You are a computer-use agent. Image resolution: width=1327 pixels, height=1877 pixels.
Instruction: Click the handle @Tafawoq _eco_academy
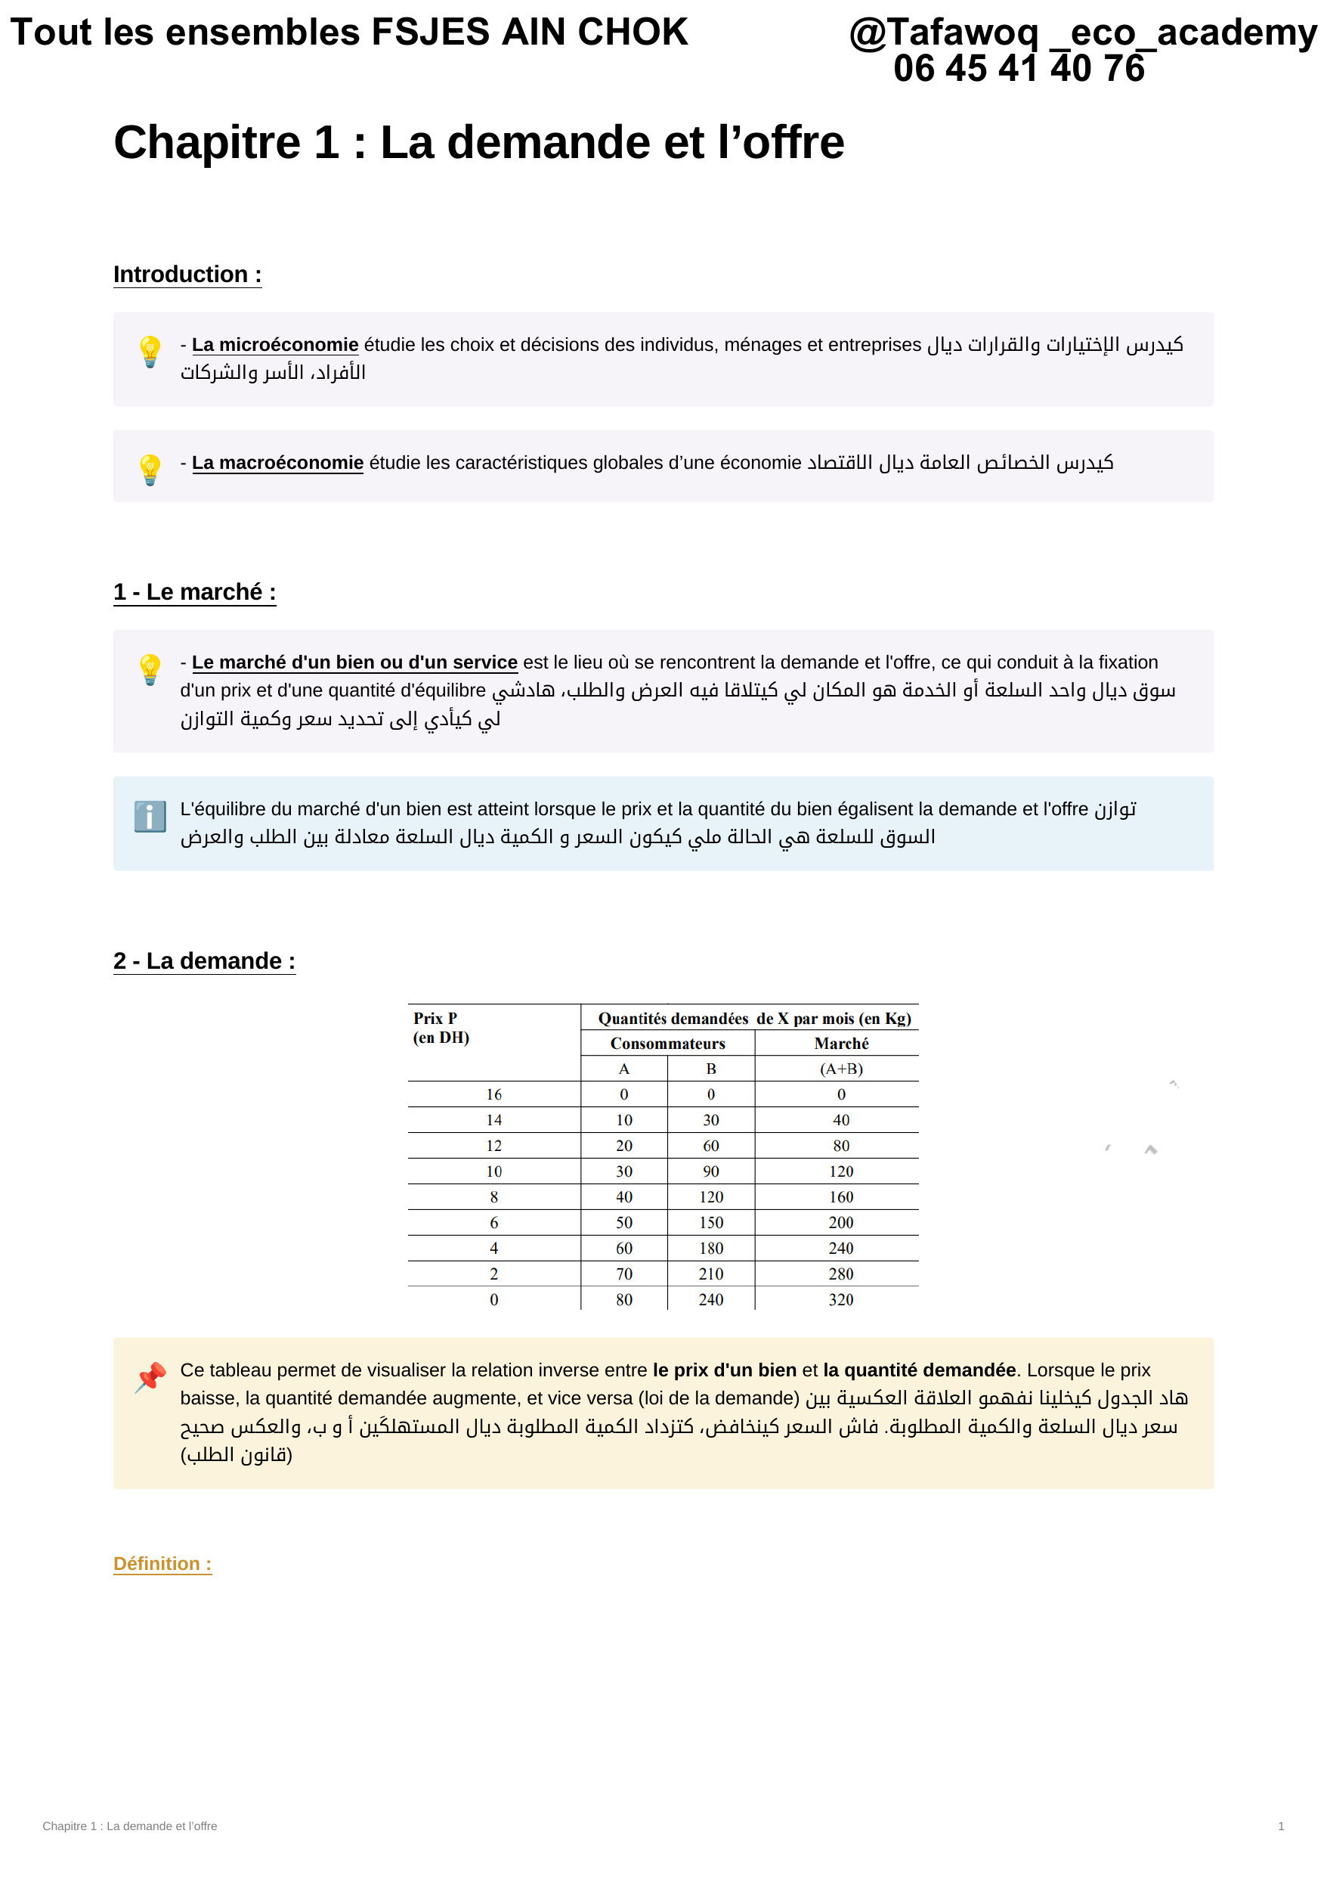pos(1083,33)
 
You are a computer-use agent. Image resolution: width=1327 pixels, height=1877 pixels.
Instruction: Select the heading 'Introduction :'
pos(187,275)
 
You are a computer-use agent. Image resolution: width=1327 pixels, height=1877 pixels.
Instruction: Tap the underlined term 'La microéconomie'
pos(274,345)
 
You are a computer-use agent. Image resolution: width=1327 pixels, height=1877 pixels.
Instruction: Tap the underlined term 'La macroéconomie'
pos(277,463)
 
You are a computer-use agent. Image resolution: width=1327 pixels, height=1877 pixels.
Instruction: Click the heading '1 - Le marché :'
pos(194,592)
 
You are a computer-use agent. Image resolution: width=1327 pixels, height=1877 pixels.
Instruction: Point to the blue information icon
pos(150,816)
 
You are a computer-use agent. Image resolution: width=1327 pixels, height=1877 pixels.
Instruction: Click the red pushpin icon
pos(150,1378)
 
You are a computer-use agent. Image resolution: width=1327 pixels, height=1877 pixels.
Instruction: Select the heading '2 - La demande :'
pos(204,960)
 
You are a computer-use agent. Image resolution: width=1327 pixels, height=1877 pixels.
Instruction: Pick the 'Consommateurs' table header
pos(667,1043)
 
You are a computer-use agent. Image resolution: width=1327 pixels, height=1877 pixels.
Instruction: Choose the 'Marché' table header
pos(841,1043)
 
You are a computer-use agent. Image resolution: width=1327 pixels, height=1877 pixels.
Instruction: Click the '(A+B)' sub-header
pos(841,1069)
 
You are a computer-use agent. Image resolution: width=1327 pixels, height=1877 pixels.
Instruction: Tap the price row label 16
pos(493,1094)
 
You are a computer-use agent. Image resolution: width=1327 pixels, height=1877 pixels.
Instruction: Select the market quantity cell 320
pos(841,1300)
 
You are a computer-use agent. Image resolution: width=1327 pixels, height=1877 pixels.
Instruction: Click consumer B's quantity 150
pos(711,1223)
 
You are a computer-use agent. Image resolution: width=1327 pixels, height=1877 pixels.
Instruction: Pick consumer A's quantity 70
pos(624,1274)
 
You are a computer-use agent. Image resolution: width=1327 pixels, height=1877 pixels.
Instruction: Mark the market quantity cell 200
pos(841,1223)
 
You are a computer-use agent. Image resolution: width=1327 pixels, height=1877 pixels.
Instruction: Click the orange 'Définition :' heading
pos(162,1564)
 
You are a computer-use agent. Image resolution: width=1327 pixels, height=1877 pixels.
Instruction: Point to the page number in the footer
pos(1280,1826)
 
